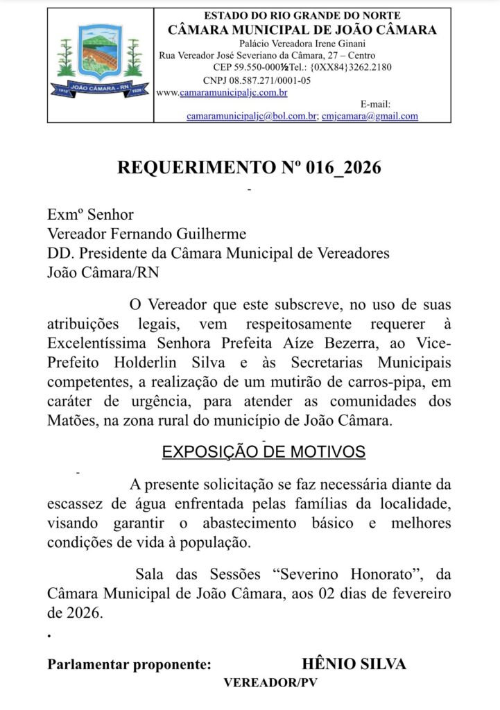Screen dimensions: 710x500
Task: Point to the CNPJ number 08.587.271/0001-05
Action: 266,80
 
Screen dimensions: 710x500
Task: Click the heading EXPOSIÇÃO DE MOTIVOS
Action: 264,452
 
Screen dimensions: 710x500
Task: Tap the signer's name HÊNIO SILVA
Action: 354,664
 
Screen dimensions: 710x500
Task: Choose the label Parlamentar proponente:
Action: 130,664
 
